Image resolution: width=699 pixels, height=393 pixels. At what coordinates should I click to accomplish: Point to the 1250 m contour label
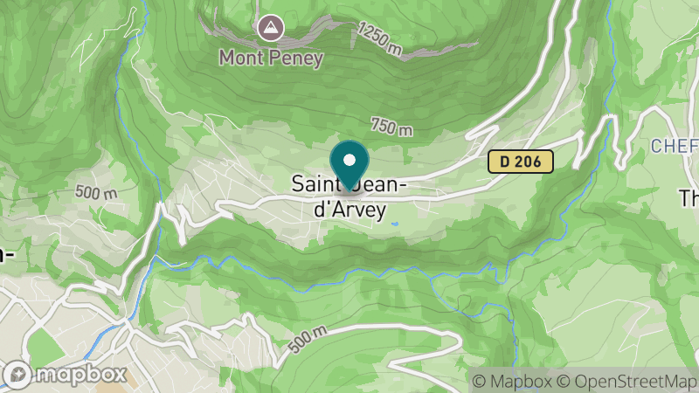(x=379, y=40)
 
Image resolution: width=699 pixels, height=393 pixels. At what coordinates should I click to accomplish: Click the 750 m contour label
(x=391, y=128)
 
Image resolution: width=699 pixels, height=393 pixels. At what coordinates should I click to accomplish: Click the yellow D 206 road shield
(x=521, y=162)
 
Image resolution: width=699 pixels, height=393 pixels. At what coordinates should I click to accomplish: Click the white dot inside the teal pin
(x=350, y=160)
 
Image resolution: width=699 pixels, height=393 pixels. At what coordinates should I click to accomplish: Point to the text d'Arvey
(x=349, y=210)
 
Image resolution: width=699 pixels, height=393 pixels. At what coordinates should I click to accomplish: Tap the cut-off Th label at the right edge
(x=689, y=198)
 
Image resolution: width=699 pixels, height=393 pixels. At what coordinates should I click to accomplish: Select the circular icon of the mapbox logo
(x=18, y=376)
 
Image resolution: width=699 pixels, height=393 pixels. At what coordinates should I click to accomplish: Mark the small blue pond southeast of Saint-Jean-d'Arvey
(x=396, y=224)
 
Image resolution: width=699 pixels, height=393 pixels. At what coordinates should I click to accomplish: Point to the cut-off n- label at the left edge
(x=6, y=254)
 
